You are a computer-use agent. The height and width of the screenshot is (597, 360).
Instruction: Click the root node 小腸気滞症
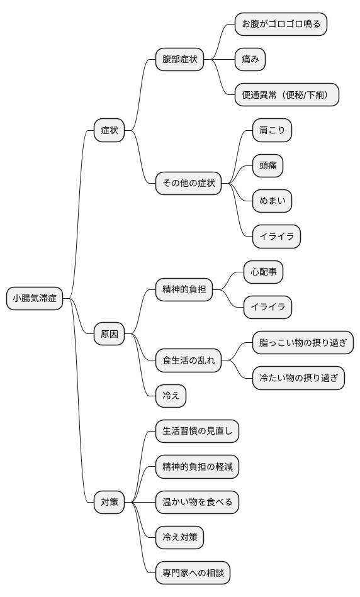35,299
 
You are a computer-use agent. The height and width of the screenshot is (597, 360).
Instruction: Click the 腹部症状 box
180,60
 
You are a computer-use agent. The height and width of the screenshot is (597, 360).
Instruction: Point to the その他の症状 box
189,184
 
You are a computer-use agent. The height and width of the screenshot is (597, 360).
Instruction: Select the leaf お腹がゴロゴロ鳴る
281,25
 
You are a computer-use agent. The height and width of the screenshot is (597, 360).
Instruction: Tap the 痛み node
250,60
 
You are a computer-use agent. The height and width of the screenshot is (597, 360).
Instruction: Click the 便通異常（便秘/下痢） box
286,95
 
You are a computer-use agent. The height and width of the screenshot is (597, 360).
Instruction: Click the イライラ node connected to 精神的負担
267,308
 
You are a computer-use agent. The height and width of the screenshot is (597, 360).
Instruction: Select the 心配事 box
263,272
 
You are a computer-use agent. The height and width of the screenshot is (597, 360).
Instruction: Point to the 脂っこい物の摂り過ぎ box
303,343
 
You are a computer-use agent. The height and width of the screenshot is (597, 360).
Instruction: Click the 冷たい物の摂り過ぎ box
298,379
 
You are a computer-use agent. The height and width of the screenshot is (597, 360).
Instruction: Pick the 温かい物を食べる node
198,502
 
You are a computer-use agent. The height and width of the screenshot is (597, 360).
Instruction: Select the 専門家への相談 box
193,573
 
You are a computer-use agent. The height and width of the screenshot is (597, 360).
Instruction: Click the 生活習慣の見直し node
198,432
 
